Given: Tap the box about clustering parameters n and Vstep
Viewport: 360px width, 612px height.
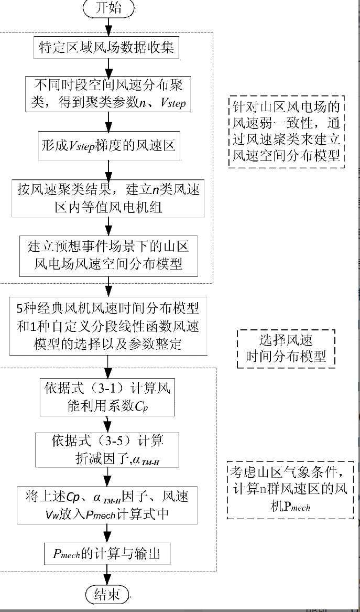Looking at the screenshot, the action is [x=108, y=94].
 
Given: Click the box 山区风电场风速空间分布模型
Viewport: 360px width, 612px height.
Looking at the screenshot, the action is [x=108, y=255].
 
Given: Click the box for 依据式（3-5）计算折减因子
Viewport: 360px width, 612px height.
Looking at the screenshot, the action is [x=108, y=449].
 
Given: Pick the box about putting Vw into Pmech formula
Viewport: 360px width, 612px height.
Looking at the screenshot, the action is [x=108, y=504].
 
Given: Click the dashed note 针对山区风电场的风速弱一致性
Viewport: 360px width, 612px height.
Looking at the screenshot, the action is [x=287, y=132].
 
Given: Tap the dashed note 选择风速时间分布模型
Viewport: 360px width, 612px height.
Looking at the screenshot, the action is [x=286, y=347].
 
